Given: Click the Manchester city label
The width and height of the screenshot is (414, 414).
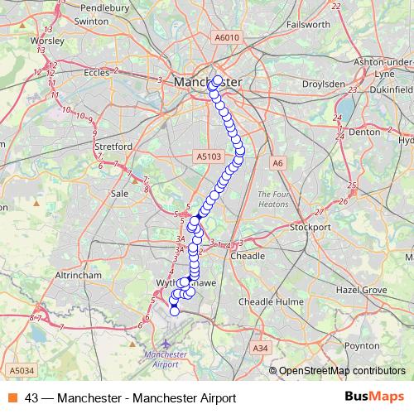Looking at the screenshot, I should (x=208, y=83).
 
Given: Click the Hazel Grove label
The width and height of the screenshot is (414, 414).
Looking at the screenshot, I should (x=359, y=291).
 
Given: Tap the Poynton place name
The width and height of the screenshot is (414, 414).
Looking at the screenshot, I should (x=360, y=345).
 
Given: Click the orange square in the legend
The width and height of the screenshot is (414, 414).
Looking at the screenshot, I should (x=13, y=397).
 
